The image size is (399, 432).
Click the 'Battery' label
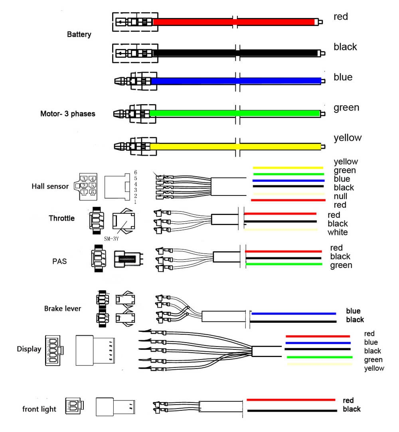pos(79,34)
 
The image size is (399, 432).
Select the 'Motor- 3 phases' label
pos(68,114)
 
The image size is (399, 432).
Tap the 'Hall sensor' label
pos(50,186)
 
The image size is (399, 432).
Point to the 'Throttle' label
pos(61,218)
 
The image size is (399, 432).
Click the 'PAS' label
pos(59,262)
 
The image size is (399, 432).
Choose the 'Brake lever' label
pos(63,308)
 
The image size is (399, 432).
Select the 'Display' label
pos(29,349)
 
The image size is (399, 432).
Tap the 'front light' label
pos(39,409)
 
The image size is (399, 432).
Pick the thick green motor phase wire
pos(235,113)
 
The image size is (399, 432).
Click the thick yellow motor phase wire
pos(235,146)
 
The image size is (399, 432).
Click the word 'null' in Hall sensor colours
pos(340,196)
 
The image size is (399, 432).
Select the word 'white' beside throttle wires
pos(338,232)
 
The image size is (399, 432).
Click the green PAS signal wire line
pos(283,264)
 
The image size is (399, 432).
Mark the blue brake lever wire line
pos(293,314)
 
